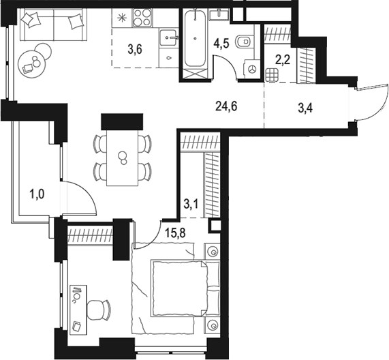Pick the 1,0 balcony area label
pos(37,194)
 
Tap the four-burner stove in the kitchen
pos(144,16)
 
